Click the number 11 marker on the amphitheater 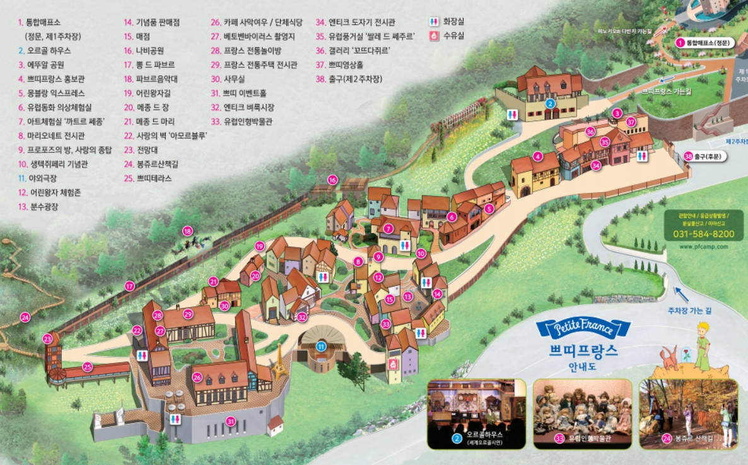[x=322, y=346]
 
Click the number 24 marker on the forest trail [x=25, y=317]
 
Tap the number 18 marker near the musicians [x=187, y=231]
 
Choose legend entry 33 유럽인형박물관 [x=248, y=120]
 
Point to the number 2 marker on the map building [x=550, y=104]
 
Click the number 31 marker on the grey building [x=231, y=422]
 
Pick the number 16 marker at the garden [x=332, y=180]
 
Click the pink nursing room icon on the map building [x=394, y=364]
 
